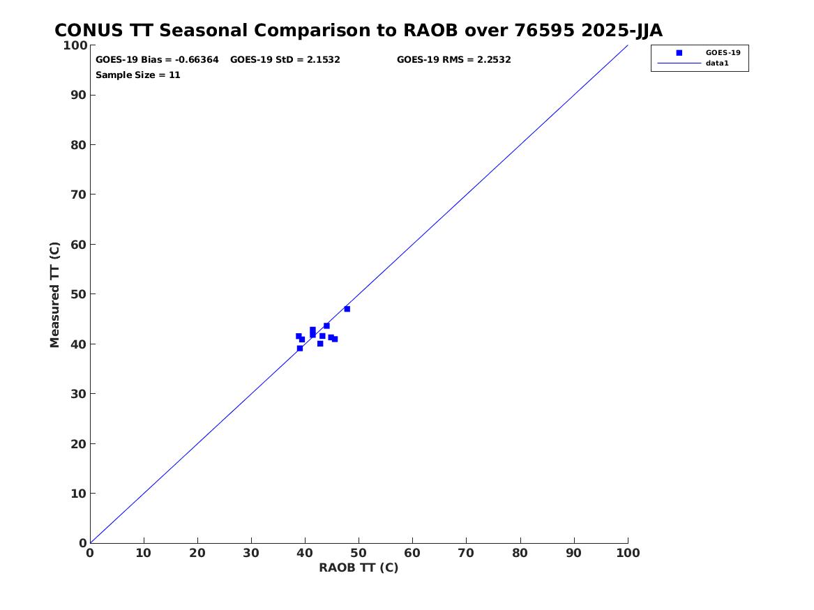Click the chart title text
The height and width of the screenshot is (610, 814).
[359, 31]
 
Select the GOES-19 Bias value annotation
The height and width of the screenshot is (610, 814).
[158, 60]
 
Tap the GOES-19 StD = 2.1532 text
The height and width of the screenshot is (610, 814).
[285, 60]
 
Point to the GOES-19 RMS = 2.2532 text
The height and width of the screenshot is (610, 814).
[453, 60]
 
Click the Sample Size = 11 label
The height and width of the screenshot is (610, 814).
[137, 75]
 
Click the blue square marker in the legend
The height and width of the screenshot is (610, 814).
[679, 53]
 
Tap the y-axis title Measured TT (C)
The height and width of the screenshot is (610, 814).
[54, 295]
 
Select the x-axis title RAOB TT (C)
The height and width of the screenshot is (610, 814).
[359, 568]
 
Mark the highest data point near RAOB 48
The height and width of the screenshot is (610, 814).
[347, 309]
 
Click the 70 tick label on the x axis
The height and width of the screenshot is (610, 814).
[466, 554]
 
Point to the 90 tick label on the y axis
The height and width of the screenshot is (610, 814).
[79, 95]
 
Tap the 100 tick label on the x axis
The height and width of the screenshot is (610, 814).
[628, 554]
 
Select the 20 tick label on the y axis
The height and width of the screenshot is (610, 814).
[79, 444]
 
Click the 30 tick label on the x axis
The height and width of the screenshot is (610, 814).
[251, 554]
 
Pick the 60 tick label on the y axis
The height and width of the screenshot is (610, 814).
[79, 244]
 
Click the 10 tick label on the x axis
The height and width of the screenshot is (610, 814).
[144, 554]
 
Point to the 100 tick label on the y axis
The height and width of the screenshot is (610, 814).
[75, 45]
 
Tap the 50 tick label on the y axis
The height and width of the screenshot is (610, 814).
[79, 294]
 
